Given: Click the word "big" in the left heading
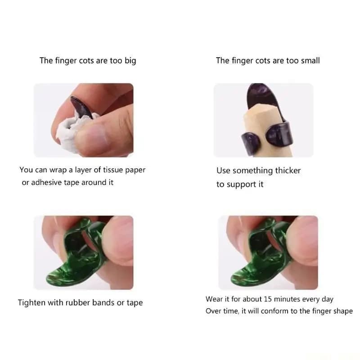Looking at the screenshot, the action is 130,61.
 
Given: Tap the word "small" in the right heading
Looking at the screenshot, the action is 310,61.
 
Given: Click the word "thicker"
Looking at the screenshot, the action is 288,171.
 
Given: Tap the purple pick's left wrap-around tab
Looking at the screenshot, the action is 251,142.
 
